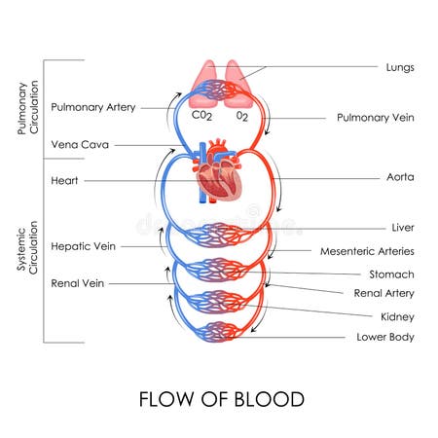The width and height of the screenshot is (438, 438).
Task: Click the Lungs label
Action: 399,68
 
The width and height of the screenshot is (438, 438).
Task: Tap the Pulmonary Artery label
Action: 93,107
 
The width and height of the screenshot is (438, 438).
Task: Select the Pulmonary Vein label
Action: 376,118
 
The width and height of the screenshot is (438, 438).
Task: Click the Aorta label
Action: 399,179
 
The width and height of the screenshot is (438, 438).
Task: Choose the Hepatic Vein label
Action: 83,246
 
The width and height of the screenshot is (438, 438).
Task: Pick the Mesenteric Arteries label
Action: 368,251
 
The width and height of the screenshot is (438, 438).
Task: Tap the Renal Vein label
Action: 78,283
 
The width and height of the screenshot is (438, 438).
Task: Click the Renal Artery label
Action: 384,293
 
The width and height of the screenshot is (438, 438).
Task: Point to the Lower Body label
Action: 385,338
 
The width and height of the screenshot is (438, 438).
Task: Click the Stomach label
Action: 391,274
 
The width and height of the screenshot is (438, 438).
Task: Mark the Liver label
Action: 402,228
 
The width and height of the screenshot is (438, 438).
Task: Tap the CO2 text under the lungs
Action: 201,115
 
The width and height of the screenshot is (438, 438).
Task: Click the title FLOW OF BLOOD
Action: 221,399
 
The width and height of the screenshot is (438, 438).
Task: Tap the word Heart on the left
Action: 65,181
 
